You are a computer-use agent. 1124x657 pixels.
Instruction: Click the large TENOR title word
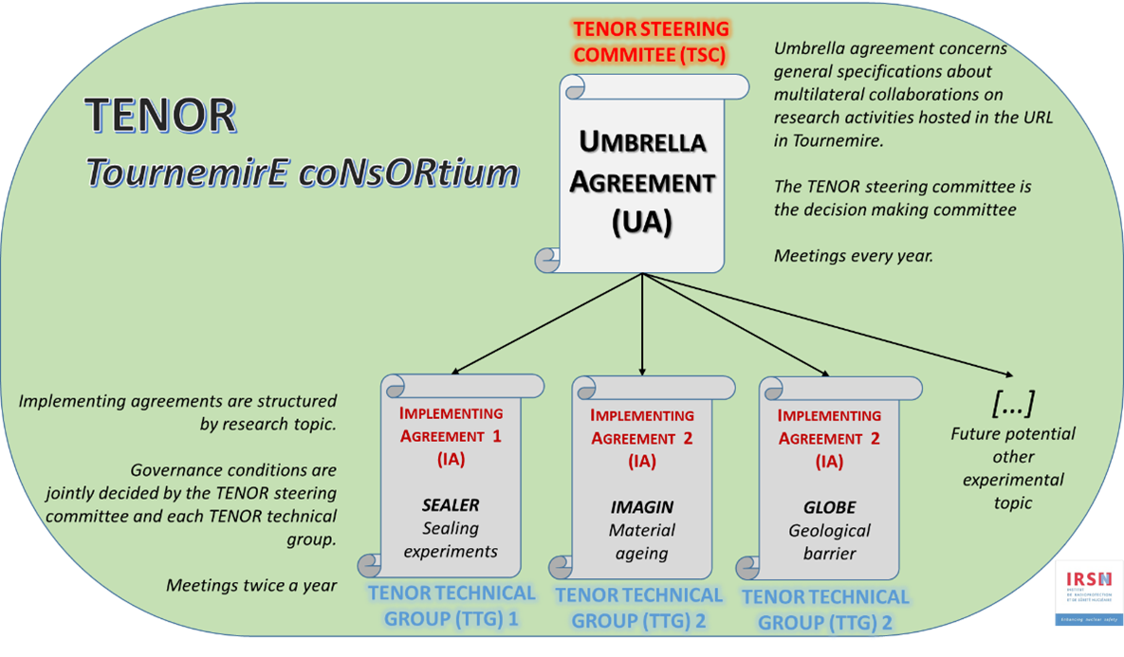click(160, 116)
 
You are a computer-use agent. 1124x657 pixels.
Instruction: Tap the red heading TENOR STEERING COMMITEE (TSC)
click(650, 43)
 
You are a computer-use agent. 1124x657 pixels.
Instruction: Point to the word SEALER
click(451, 506)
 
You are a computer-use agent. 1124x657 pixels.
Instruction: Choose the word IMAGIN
click(642, 508)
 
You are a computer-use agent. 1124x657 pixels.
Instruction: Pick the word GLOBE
click(829, 508)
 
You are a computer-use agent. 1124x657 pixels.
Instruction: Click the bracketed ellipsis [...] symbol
click(1012, 403)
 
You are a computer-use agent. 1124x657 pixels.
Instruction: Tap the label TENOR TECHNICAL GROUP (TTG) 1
click(451, 606)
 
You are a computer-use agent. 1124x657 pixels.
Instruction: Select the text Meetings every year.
click(853, 256)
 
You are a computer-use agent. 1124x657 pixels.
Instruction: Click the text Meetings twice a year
click(251, 585)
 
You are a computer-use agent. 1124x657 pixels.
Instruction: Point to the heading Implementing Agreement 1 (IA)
click(451, 437)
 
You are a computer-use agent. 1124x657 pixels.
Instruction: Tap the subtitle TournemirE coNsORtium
click(303, 173)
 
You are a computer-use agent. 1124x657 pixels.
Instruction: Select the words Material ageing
click(642, 541)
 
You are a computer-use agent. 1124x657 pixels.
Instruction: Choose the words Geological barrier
click(829, 541)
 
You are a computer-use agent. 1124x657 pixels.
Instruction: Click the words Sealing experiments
click(451, 539)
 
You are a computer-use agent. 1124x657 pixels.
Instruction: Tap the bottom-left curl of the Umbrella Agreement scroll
click(548, 258)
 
